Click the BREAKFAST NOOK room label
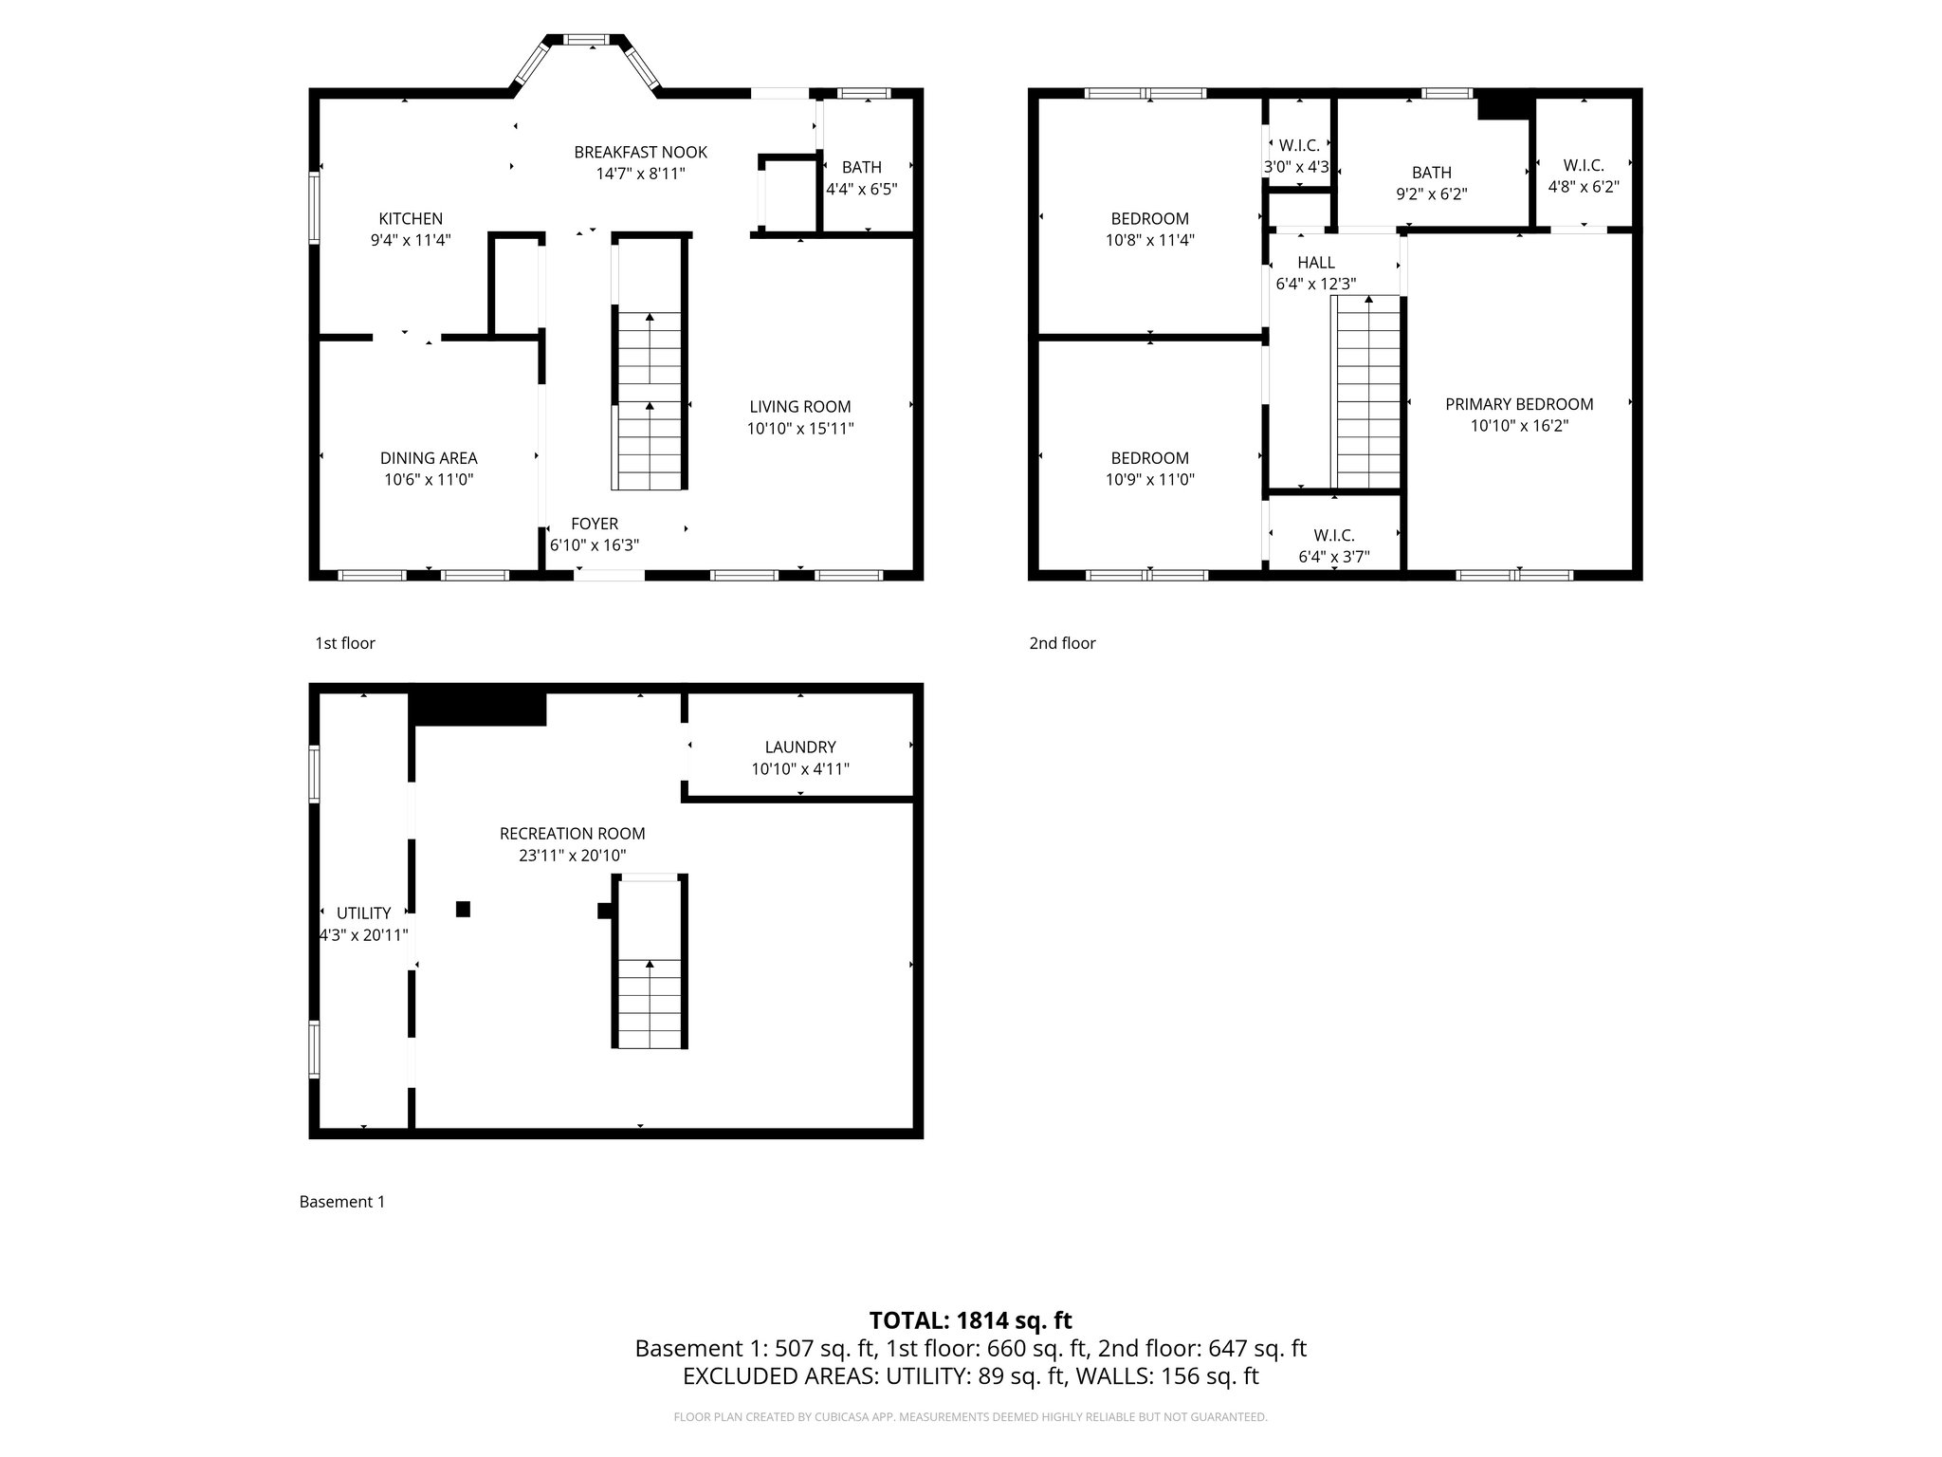coord(640,152)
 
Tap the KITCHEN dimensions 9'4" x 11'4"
coord(410,240)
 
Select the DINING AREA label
coord(429,458)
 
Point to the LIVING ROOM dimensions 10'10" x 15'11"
coord(799,429)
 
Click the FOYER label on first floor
coord(595,524)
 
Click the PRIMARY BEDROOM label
coord(1519,404)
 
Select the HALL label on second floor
coord(1316,263)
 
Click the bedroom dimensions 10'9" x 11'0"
coord(1149,480)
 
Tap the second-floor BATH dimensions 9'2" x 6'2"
coord(1431,194)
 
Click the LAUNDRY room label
coord(800,747)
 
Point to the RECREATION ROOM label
coord(572,834)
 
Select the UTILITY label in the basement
coord(363,913)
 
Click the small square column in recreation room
coord(463,909)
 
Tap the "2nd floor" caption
coord(1062,643)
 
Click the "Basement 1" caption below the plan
coord(341,1202)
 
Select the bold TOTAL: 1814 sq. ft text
coord(970,1320)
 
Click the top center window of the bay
coord(586,40)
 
